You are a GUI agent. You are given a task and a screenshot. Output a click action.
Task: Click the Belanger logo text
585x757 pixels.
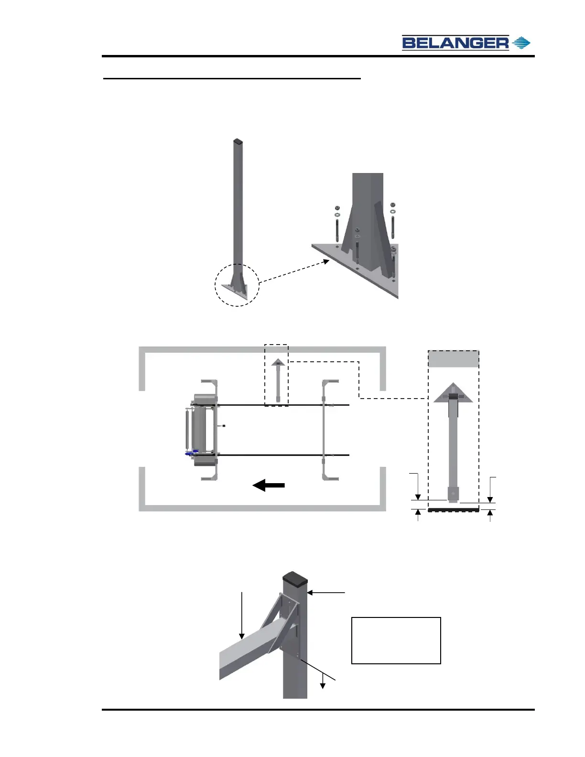[455, 43]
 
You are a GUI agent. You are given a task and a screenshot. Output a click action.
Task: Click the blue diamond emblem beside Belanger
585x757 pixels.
[521, 43]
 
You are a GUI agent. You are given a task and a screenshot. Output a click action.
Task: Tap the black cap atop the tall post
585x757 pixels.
[238, 141]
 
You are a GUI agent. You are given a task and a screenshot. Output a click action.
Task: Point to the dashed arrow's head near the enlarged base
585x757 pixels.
[326, 261]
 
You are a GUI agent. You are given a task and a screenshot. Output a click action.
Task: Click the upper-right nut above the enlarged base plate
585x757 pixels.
[392, 205]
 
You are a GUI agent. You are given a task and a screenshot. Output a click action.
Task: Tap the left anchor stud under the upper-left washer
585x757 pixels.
[337, 232]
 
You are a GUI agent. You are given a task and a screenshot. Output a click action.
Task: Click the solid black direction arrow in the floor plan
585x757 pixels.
[269, 486]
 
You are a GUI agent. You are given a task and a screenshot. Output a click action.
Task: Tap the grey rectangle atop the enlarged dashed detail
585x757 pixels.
[453, 359]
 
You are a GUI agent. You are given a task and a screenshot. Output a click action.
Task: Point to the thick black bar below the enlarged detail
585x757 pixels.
[453, 510]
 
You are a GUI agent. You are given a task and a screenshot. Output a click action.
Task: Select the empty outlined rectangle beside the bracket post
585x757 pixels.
[396, 640]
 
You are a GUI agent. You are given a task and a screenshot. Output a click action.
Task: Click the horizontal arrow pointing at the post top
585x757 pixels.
[325, 593]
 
